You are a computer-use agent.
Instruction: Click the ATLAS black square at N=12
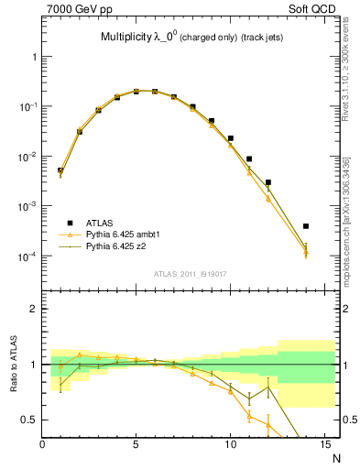click(268, 182)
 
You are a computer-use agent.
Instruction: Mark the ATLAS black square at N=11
click(249, 158)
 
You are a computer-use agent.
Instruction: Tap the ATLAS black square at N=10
click(230, 138)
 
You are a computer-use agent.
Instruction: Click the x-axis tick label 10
click(230, 446)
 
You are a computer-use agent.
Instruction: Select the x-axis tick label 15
click(324, 446)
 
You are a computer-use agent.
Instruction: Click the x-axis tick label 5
click(136, 446)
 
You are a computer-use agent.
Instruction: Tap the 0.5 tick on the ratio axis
click(29, 420)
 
